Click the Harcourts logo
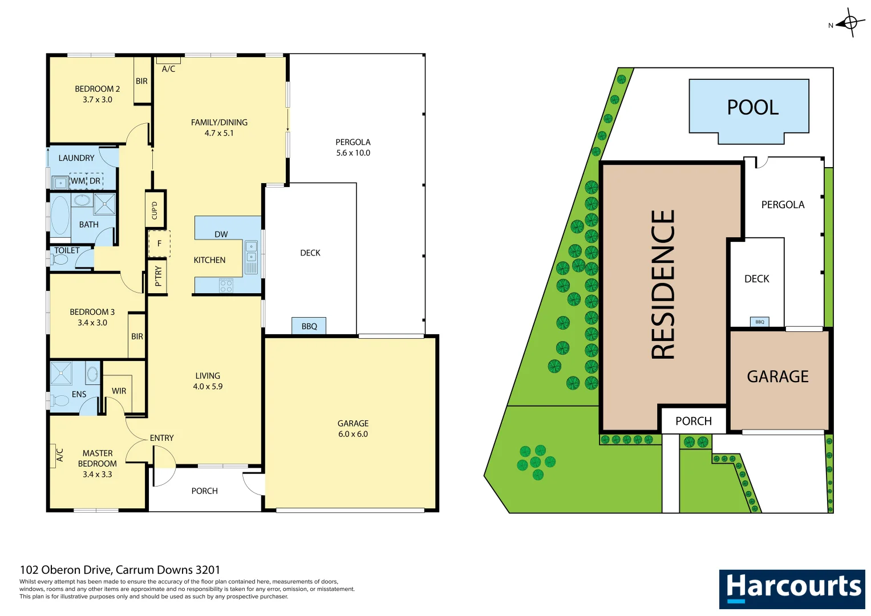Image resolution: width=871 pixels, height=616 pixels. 792,589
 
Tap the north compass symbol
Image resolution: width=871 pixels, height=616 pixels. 850,23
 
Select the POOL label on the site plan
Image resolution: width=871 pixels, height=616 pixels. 752,107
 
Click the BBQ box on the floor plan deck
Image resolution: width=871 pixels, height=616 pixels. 309,326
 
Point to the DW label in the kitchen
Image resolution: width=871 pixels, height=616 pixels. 221,234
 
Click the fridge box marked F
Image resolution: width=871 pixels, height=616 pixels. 159,244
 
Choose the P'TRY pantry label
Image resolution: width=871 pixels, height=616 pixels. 158,276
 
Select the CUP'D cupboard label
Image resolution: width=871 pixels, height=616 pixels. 155,209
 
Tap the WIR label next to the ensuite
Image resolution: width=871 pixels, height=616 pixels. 119,391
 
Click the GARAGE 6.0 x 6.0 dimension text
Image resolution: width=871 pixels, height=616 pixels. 353,434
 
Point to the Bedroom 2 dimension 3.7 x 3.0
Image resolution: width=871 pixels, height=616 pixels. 98,99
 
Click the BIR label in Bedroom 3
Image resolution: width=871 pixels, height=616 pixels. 137,337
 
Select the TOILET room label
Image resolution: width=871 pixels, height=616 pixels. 67,250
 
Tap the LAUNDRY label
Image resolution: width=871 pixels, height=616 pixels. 76,158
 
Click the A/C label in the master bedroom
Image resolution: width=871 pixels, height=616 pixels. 60,455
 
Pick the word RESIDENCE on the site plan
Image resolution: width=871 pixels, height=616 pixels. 663,285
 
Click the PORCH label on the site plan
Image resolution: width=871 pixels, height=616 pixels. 694,421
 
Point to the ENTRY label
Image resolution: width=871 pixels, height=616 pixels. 162,438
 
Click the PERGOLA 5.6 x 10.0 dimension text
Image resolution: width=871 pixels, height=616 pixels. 353,153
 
